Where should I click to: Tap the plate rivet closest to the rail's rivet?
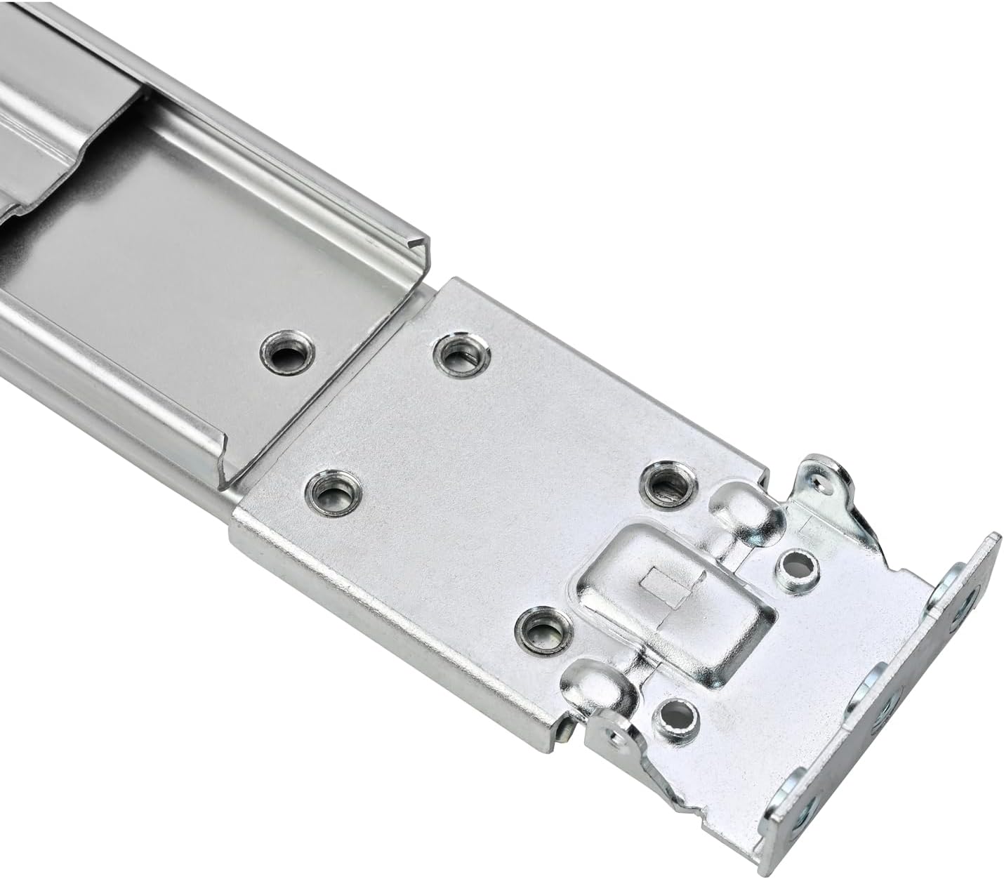[x=460, y=353]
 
